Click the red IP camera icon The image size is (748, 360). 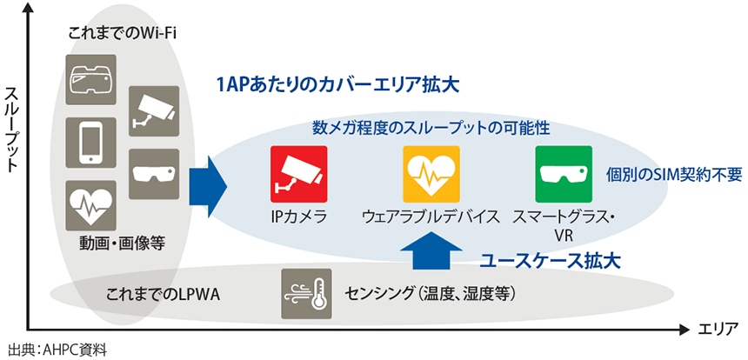point(298,174)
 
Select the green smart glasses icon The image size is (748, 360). point(562,174)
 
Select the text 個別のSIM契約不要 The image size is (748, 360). point(673,174)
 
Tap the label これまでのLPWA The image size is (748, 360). point(162,295)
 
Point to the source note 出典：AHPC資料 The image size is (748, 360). point(56,350)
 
